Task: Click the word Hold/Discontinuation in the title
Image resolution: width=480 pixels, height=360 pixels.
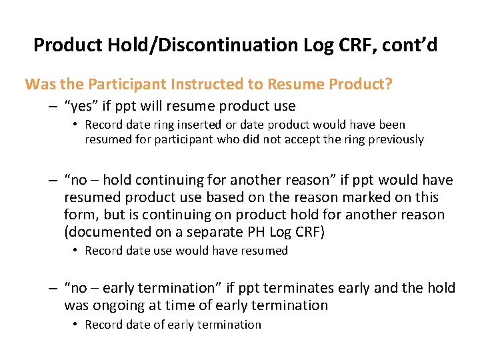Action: [193, 45]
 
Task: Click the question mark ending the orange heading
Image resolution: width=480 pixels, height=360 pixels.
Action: [389, 85]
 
